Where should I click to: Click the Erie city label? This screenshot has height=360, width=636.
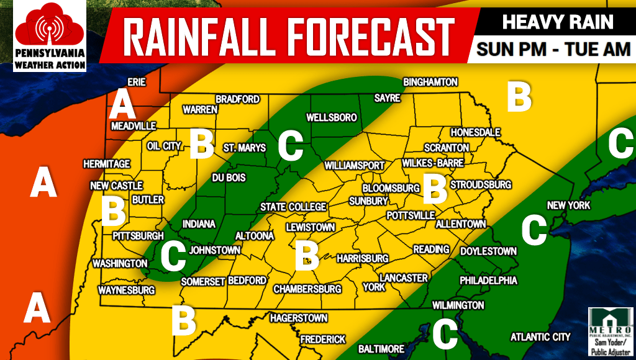point(136,82)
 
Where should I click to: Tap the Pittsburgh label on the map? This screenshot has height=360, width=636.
point(138,236)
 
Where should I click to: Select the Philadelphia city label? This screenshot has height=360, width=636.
point(488,281)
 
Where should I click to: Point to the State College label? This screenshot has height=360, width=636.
point(293,207)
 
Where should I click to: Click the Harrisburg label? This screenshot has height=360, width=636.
point(363,258)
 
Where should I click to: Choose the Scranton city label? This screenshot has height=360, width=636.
point(447,148)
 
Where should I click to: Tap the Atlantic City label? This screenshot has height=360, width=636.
point(540,337)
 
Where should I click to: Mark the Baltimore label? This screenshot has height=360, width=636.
point(381,349)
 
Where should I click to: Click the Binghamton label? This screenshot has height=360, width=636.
point(430,82)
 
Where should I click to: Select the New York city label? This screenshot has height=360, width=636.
point(568,205)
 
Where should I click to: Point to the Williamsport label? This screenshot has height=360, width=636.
point(355,166)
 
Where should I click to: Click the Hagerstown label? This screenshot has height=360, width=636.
point(299,318)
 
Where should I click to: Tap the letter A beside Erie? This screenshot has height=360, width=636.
point(122,106)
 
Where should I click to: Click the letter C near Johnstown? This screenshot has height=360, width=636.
point(173,256)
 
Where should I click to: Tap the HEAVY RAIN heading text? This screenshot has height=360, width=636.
point(557,22)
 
